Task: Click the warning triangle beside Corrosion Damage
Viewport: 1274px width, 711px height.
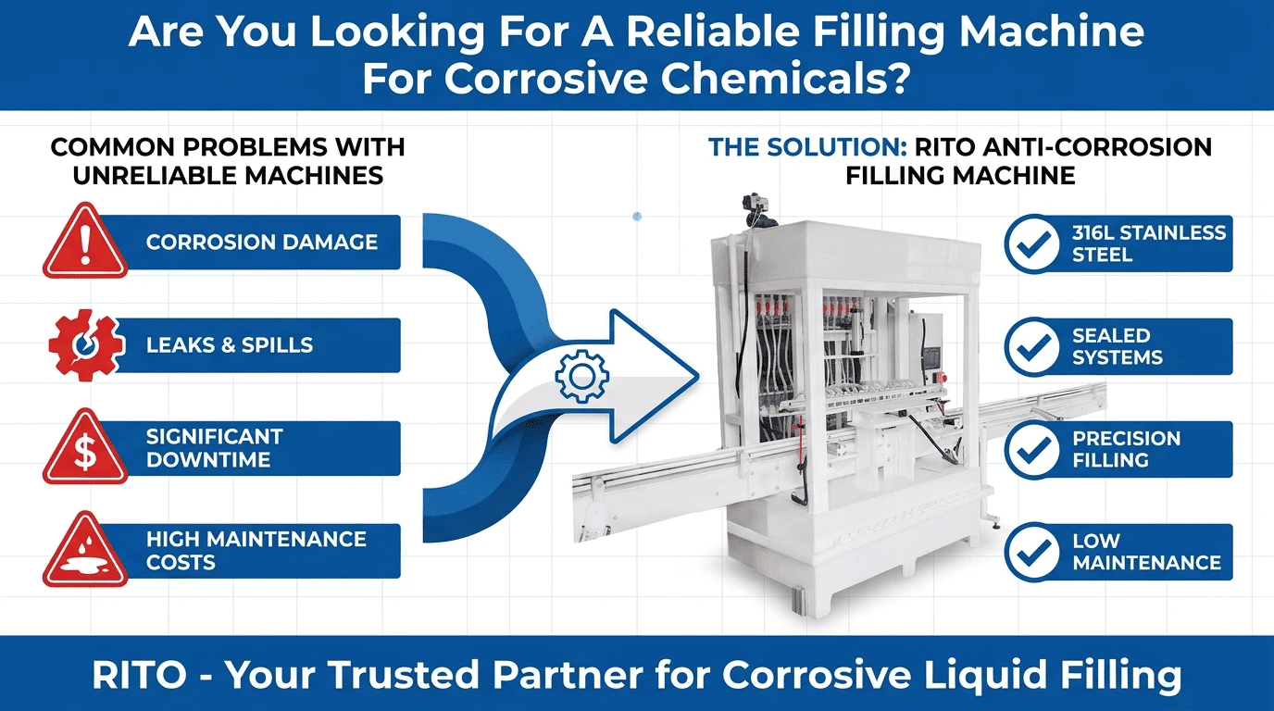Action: tap(85, 241)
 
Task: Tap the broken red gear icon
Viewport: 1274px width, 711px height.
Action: tap(85, 344)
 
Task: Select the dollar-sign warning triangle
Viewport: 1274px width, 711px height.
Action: tap(85, 447)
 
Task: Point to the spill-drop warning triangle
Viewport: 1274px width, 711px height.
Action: tap(85, 550)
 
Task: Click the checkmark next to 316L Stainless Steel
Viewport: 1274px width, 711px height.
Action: tap(1033, 243)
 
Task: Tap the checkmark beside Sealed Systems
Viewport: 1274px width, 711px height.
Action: tap(1033, 346)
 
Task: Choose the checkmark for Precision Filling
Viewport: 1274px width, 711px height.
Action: tap(1033, 449)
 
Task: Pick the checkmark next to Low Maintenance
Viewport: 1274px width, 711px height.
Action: tap(1033, 552)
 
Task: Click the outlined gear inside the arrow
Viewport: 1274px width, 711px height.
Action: tap(581, 377)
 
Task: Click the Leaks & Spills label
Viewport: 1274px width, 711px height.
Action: tap(230, 345)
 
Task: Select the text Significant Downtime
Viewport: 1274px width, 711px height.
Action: tap(215, 448)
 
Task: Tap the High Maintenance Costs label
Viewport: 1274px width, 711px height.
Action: tap(256, 551)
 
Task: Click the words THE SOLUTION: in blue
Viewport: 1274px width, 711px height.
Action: tap(807, 147)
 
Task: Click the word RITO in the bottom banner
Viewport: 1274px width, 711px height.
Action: tap(139, 675)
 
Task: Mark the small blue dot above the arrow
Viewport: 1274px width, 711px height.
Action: tap(637, 216)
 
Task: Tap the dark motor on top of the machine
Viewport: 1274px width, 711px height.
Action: tap(759, 211)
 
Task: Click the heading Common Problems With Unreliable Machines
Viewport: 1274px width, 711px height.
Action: tap(228, 161)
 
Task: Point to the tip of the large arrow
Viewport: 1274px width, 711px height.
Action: tap(699, 376)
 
